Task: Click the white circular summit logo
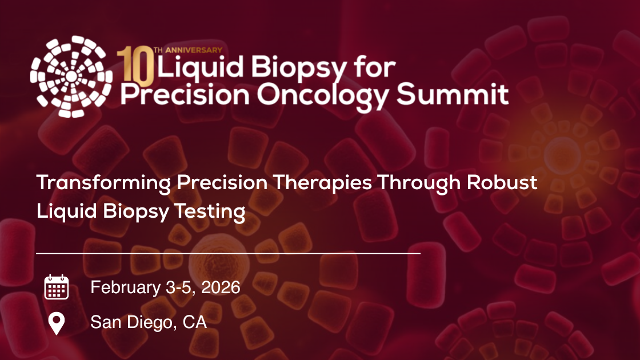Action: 71,76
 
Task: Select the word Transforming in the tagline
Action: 103,183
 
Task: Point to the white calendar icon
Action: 57,287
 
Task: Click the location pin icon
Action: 56,323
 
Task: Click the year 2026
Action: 219,287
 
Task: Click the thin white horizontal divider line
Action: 229,252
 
